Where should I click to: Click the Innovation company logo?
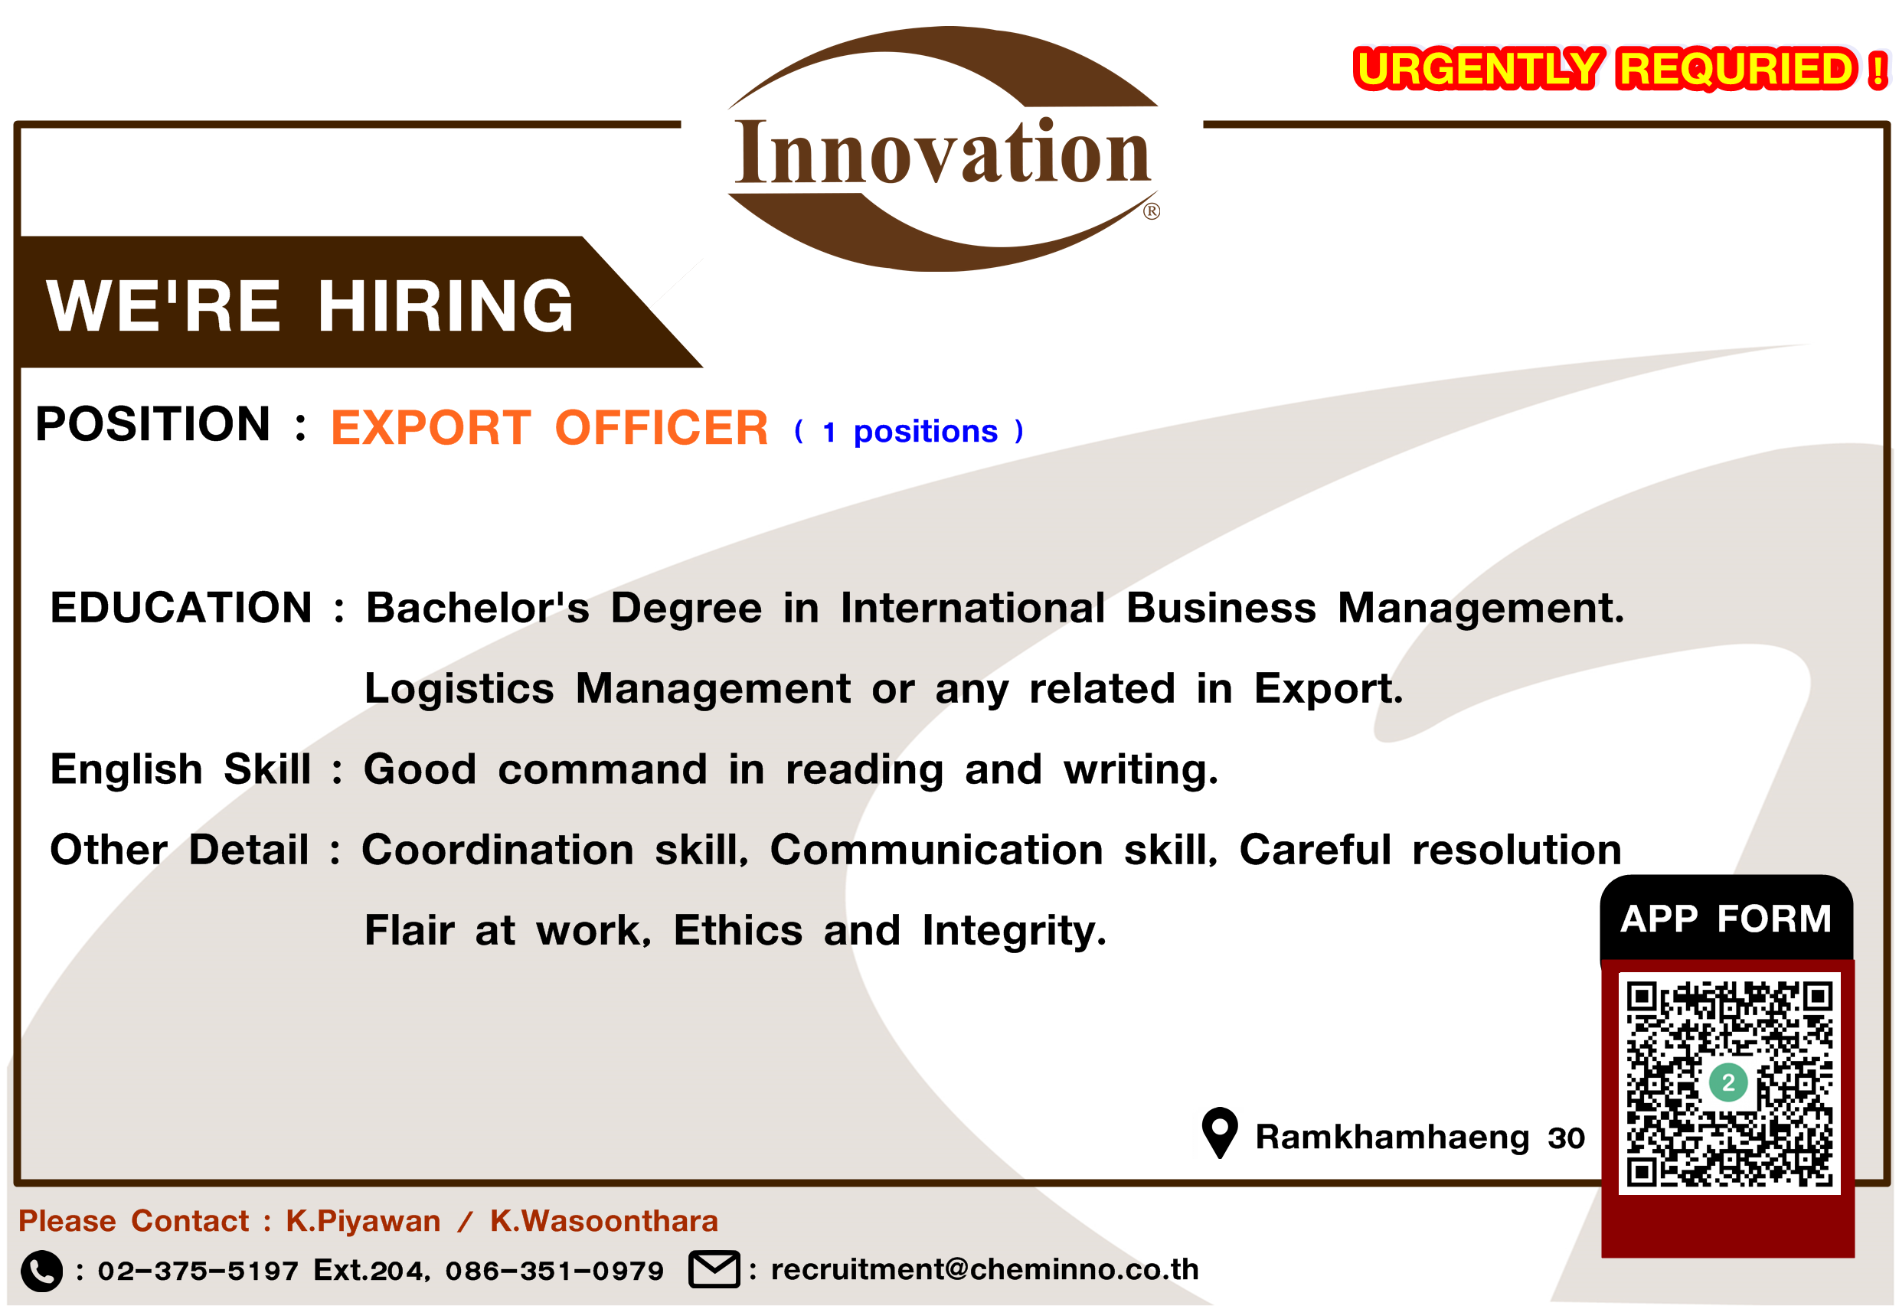point(943,149)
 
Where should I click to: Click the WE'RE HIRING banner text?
point(310,306)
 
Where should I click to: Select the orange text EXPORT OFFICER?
point(550,427)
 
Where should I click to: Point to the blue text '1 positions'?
point(910,432)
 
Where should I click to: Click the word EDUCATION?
point(181,608)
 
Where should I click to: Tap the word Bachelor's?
point(477,608)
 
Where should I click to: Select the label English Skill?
point(181,769)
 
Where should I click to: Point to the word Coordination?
point(498,850)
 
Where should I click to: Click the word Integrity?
point(1014,932)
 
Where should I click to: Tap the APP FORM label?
point(1725,919)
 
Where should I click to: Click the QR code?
point(1729,1083)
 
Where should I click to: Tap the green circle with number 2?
point(1728,1082)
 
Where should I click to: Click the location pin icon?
point(1220,1133)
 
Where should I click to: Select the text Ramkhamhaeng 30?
point(1420,1138)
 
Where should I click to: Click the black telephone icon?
point(41,1271)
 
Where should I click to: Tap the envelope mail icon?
point(714,1270)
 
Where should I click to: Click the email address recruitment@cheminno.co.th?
point(985,1270)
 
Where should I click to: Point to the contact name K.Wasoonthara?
point(603,1221)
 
